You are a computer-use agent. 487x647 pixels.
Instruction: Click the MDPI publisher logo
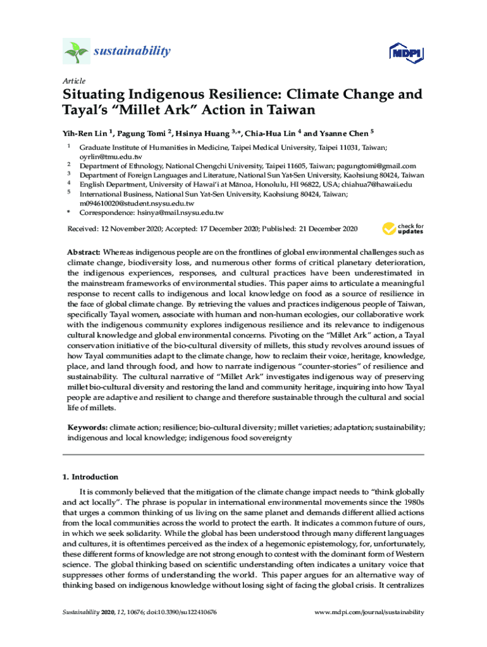pyautogui.click(x=405, y=52)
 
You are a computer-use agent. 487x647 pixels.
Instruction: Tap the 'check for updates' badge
pyautogui.click(x=402, y=229)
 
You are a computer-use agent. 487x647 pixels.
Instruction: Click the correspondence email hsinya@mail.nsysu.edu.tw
pyautogui.click(x=180, y=213)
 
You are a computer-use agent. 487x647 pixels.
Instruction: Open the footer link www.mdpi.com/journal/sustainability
pyautogui.click(x=369, y=612)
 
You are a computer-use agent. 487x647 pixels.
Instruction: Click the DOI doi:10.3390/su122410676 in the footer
pyautogui.click(x=182, y=612)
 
